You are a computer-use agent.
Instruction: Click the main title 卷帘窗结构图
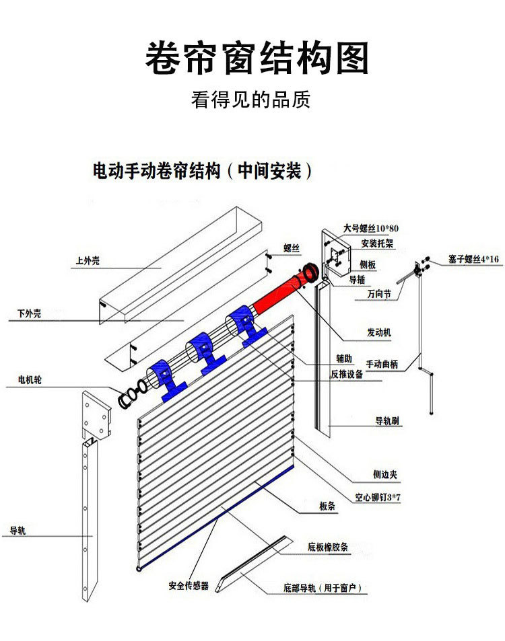click(x=257, y=58)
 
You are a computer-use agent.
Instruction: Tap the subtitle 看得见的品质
click(x=250, y=100)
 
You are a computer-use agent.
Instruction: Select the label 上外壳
click(x=88, y=260)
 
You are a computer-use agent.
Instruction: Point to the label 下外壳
click(x=29, y=313)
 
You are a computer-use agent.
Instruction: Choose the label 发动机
click(x=379, y=332)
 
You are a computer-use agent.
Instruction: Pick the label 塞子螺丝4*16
click(x=473, y=259)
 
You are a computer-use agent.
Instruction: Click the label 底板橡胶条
click(x=329, y=547)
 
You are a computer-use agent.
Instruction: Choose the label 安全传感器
click(x=189, y=586)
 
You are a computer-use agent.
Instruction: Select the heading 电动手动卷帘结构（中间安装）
click(x=203, y=171)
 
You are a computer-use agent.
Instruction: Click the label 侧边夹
click(x=386, y=474)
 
